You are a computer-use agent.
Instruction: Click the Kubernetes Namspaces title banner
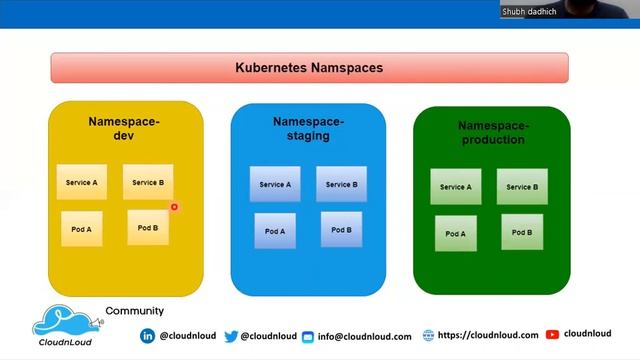pyautogui.click(x=309, y=68)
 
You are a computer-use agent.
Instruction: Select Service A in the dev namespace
pyautogui.click(x=81, y=183)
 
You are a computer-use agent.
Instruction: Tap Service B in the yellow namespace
pyautogui.click(x=148, y=183)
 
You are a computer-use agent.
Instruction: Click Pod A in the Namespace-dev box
pyautogui.click(x=81, y=229)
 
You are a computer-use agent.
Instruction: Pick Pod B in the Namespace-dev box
pyautogui.click(x=148, y=228)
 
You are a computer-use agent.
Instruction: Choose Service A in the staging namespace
pyautogui.click(x=275, y=185)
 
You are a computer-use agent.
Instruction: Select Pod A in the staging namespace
pyautogui.click(x=275, y=231)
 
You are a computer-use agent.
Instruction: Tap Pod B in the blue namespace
pyautogui.click(x=342, y=230)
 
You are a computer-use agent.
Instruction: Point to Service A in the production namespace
pyautogui.click(x=456, y=187)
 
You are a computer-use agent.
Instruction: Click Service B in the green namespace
pyautogui.click(x=522, y=187)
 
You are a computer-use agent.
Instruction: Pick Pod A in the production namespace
pyautogui.click(x=456, y=233)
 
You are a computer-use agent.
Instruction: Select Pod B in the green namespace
pyautogui.click(x=522, y=232)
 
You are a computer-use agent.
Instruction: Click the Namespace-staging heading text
pyautogui.click(x=308, y=128)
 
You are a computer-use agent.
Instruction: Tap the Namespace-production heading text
pyautogui.click(x=492, y=133)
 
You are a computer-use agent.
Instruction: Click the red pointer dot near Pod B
pyautogui.click(x=174, y=207)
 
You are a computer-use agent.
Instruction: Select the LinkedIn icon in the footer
pyautogui.click(x=148, y=336)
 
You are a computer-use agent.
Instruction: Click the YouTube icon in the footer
pyautogui.click(x=552, y=335)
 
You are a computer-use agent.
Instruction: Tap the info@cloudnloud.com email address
pyautogui.click(x=365, y=337)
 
